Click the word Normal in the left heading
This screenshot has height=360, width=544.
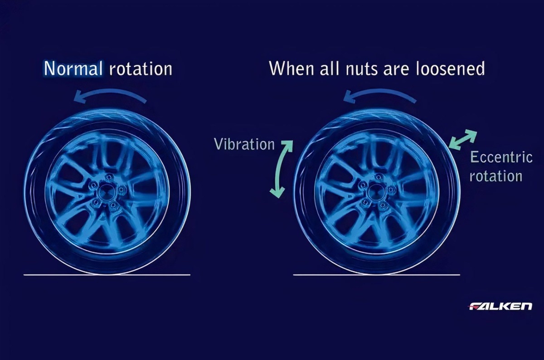click(73, 69)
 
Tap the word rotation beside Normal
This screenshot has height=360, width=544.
click(141, 69)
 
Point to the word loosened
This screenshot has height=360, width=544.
click(450, 68)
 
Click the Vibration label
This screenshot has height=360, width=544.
click(244, 144)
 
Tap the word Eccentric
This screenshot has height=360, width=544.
click(501, 157)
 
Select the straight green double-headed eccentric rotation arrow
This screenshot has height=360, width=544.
click(462, 140)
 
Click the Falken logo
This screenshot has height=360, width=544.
click(500, 306)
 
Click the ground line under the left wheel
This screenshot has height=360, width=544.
click(107, 275)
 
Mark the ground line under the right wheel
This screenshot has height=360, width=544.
click(377, 275)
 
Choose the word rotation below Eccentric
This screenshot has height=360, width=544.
click(496, 176)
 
